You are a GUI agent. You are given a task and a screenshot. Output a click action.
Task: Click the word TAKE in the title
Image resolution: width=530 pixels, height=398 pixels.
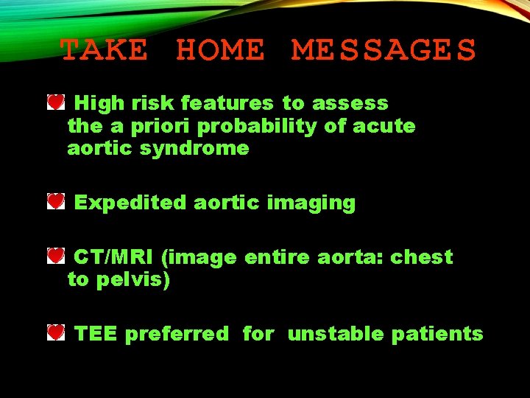[103, 51]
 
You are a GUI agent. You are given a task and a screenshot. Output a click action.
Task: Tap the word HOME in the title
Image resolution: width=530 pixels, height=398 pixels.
[219, 51]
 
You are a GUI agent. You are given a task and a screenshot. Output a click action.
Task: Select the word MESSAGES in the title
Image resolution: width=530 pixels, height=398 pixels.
[384, 51]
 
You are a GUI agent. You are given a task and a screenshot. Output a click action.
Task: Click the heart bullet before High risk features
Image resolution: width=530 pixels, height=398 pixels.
[56, 102]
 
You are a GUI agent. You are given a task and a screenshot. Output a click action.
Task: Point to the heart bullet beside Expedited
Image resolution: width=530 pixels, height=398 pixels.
[56, 201]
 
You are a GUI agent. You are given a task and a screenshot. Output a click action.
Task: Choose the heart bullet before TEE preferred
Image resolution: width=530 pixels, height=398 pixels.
[56, 333]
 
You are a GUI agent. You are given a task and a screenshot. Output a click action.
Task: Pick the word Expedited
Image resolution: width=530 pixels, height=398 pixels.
[130, 203]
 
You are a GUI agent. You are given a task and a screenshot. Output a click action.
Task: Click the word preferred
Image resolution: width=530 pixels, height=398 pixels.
[177, 335]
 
